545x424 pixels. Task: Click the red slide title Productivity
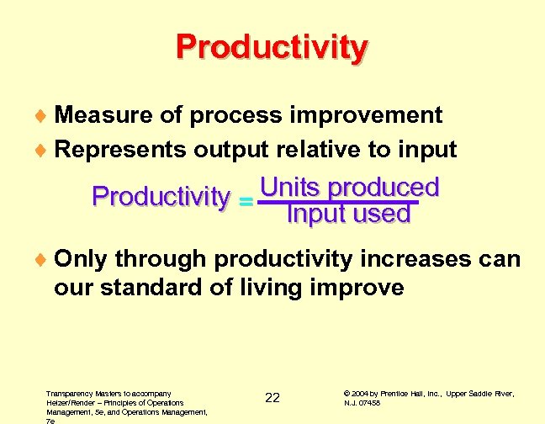coord(272,48)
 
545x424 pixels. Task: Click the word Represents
coord(120,150)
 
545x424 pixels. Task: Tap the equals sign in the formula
coord(246,202)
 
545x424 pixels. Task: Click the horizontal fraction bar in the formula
coord(337,201)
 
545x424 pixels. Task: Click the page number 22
coord(272,398)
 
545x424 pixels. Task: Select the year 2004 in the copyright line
coord(362,393)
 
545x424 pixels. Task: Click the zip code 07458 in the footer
coord(372,403)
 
